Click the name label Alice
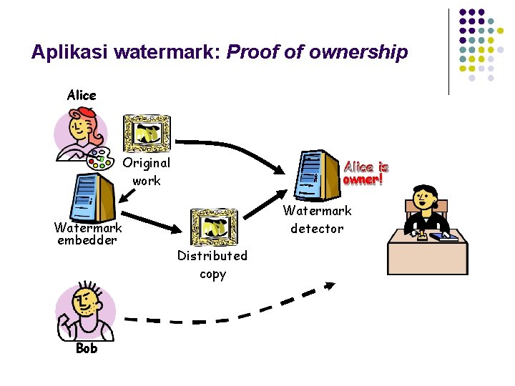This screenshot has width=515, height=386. point(82,95)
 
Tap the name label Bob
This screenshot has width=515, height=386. point(86,348)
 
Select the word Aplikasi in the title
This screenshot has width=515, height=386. point(70,52)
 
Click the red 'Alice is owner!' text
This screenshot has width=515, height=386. point(366,172)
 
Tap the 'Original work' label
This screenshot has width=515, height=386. point(147,172)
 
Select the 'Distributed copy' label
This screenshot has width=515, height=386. point(212,264)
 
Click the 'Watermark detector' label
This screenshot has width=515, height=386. point(317,219)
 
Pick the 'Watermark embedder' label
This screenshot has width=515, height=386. point(88,234)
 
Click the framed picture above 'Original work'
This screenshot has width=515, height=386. point(147,134)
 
